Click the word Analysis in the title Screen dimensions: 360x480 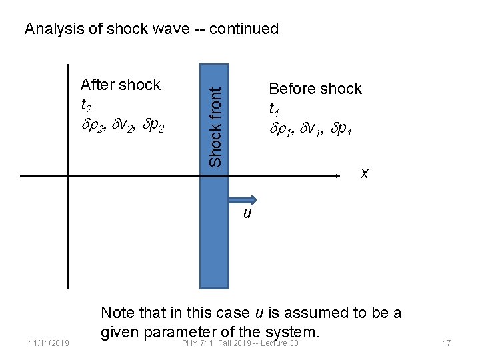51,29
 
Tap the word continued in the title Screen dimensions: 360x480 245,29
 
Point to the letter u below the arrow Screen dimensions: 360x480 247,214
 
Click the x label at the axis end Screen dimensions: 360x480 365,173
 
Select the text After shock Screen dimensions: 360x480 120,85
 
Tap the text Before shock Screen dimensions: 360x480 315,89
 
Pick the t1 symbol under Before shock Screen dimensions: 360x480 274,109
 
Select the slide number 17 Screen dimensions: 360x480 447,343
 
